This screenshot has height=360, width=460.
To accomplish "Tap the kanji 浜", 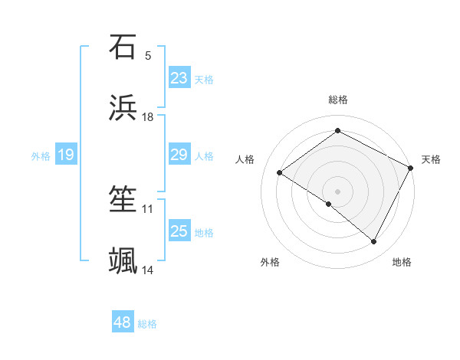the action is click(123, 109).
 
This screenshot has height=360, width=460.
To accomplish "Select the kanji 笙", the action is click(123, 201).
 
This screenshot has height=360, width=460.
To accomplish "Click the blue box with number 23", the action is click(179, 78).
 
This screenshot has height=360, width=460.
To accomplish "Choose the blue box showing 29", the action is click(179, 155).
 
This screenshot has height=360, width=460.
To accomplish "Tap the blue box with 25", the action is click(179, 231).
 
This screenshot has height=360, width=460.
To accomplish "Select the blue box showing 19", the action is click(66, 155).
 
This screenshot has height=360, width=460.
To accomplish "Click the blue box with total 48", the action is click(123, 322).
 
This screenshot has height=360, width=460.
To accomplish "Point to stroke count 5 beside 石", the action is click(148, 55).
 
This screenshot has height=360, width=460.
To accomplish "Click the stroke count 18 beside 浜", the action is click(148, 117).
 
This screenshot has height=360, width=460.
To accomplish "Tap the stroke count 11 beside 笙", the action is click(148, 208).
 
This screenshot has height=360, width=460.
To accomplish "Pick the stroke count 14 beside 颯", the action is click(148, 270).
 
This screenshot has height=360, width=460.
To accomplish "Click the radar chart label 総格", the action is click(338, 100).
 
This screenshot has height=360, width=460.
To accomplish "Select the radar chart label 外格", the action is click(270, 262).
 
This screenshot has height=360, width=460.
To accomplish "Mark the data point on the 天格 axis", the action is click(410, 168).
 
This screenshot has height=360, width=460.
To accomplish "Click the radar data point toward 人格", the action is click(280, 173).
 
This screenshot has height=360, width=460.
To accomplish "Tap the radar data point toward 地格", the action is click(374, 242).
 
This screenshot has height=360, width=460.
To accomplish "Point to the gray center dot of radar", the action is click(337, 191).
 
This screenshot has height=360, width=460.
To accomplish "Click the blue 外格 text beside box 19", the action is click(41, 155).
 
